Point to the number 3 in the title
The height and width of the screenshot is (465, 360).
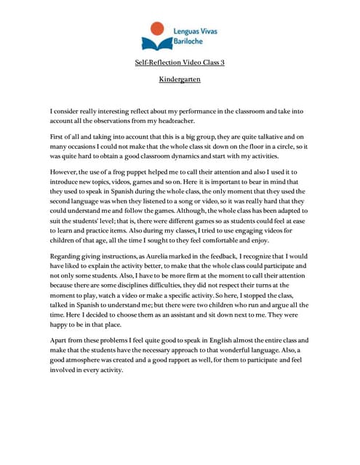click(223, 63)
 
